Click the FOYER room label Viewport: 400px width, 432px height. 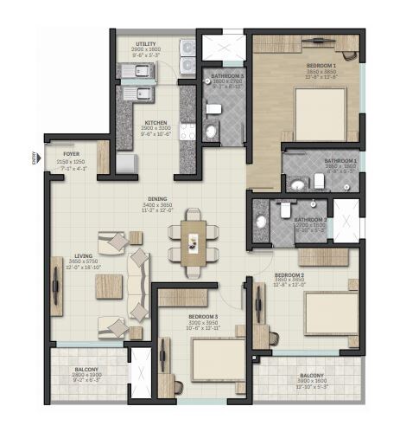tap(71, 152)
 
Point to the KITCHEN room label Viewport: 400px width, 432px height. tap(156, 123)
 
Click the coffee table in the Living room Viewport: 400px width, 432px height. tap(108, 287)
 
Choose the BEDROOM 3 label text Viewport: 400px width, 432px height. tap(204, 317)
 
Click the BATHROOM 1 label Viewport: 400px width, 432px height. tap(340, 160)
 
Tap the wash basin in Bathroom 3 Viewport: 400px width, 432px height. tap(212, 132)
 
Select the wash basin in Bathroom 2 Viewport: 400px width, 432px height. tap(262, 222)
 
